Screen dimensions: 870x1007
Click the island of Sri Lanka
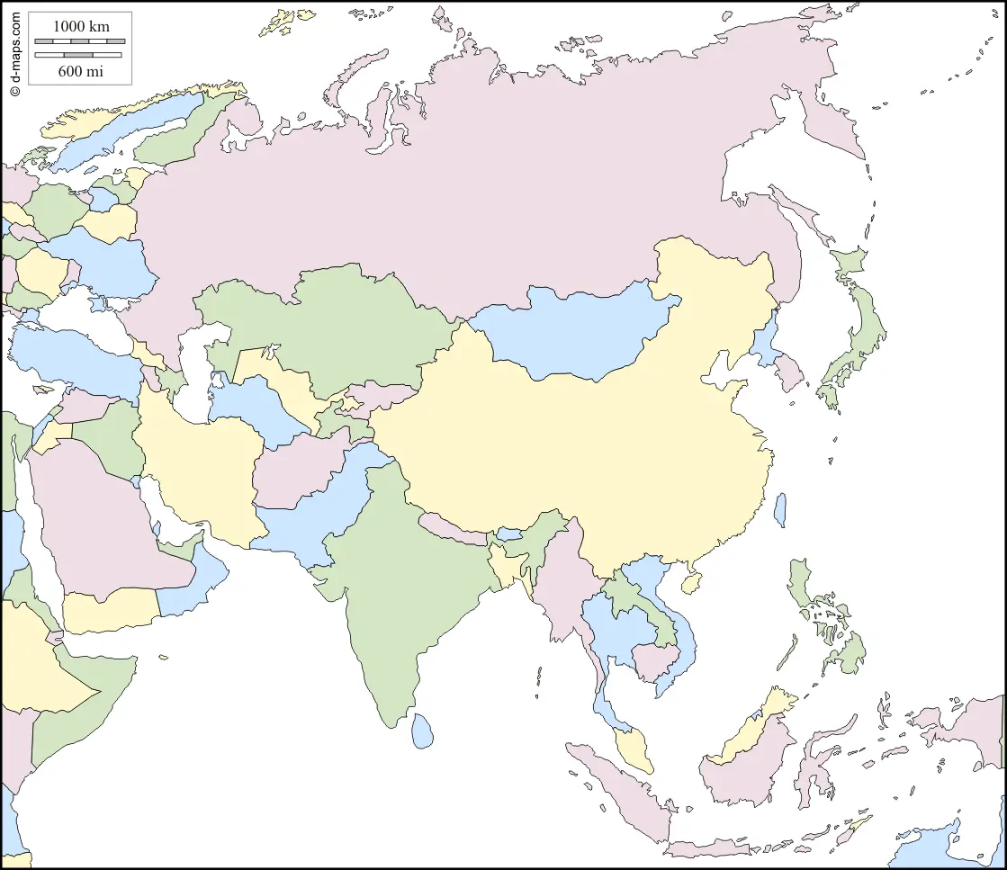pos(422,731)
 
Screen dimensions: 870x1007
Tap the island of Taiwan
pos(779,509)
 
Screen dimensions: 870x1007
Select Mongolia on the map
pos(576,333)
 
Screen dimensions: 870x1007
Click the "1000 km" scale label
pos(81,26)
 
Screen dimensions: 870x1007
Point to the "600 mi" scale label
pos(81,71)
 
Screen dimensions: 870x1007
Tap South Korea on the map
pos(789,372)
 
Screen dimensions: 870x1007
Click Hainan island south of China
pos(691,584)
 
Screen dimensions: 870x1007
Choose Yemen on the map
pos(108,612)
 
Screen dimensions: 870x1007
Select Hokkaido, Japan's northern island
pos(850,265)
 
